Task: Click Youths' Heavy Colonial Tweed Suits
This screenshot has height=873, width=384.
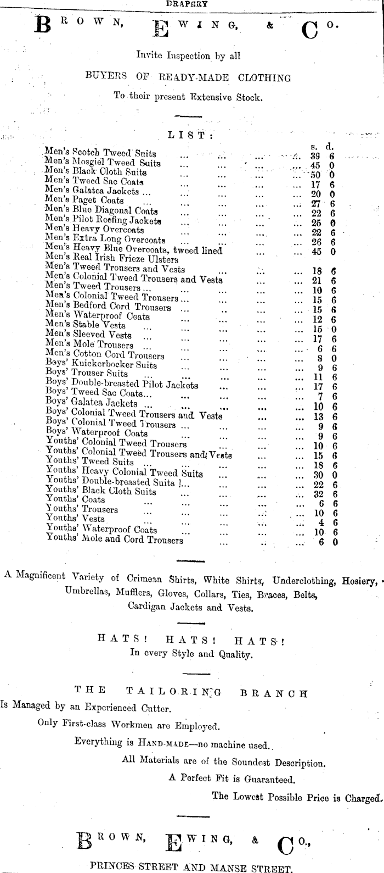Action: coord(124,473)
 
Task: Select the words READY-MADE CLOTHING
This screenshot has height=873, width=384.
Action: coord(225,77)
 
